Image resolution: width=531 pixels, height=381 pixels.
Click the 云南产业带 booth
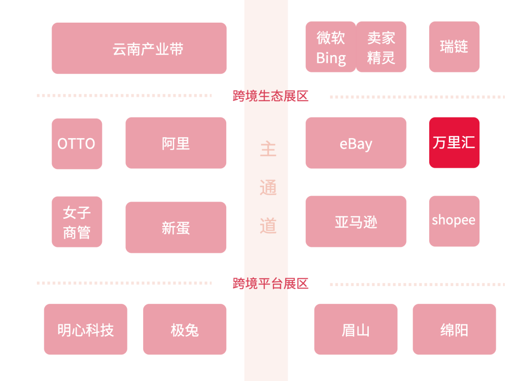pyautogui.click(x=139, y=48)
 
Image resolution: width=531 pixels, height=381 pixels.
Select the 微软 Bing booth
pyautogui.click(x=330, y=47)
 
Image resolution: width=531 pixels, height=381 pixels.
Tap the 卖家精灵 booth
pyautogui.click(x=381, y=47)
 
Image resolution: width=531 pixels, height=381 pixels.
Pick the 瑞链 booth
pyautogui.click(x=454, y=47)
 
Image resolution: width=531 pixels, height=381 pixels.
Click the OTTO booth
pyautogui.click(x=77, y=144)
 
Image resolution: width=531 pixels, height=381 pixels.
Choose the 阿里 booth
pyautogui.click(x=176, y=143)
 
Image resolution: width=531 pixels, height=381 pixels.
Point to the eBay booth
pyautogui.click(x=355, y=143)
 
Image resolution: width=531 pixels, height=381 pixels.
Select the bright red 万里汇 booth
pyautogui.click(x=454, y=143)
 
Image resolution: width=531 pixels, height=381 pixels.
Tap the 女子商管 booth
pyautogui.click(x=77, y=222)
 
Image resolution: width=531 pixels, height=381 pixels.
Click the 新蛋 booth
pyautogui.click(x=176, y=228)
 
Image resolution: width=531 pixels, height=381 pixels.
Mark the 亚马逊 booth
pyautogui.click(x=355, y=222)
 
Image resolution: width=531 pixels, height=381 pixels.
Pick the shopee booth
pyautogui.click(x=454, y=221)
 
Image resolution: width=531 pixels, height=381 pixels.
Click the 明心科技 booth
pyautogui.click(x=86, y=329)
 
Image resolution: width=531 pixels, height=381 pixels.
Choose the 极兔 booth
pyautogui.click(x=184, y=329)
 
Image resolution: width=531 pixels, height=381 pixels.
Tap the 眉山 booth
pyautogui.click(x=355, y=329)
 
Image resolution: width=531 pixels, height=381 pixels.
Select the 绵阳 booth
pyautogui.click(x=454, y=329)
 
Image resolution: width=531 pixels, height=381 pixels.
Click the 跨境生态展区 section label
pyautogui.click(x=270, y=96)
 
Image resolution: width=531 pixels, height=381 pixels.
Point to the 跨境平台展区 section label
pyautogui.click(x=270, y=283)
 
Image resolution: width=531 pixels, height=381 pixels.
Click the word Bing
pyautogui.click(x=330, y=58)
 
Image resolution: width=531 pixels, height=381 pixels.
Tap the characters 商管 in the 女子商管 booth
pyautogui.click(x=77, y=232)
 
